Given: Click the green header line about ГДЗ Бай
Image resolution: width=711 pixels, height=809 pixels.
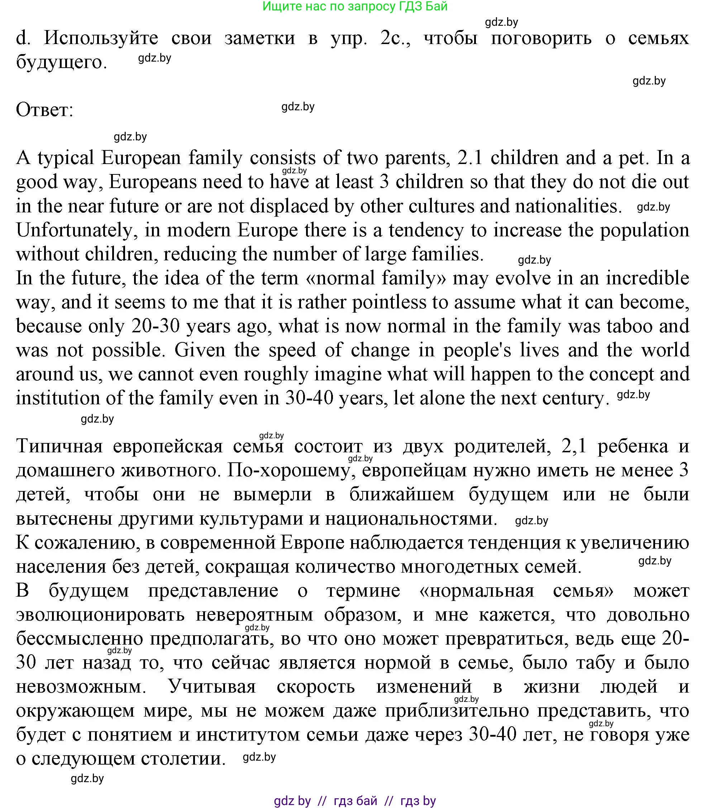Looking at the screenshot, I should (x=355, y=6).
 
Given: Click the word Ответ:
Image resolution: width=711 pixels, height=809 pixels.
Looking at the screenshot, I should (x=44, y=110).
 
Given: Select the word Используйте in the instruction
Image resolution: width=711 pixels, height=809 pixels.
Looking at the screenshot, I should (x=101, y=38).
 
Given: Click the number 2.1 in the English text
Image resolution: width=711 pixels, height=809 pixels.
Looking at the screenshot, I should (x=470, y=158).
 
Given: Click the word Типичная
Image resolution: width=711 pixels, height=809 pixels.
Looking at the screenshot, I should (x=59, y=447).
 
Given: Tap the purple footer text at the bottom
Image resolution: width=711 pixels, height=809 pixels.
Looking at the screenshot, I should (x=354, y=801).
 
